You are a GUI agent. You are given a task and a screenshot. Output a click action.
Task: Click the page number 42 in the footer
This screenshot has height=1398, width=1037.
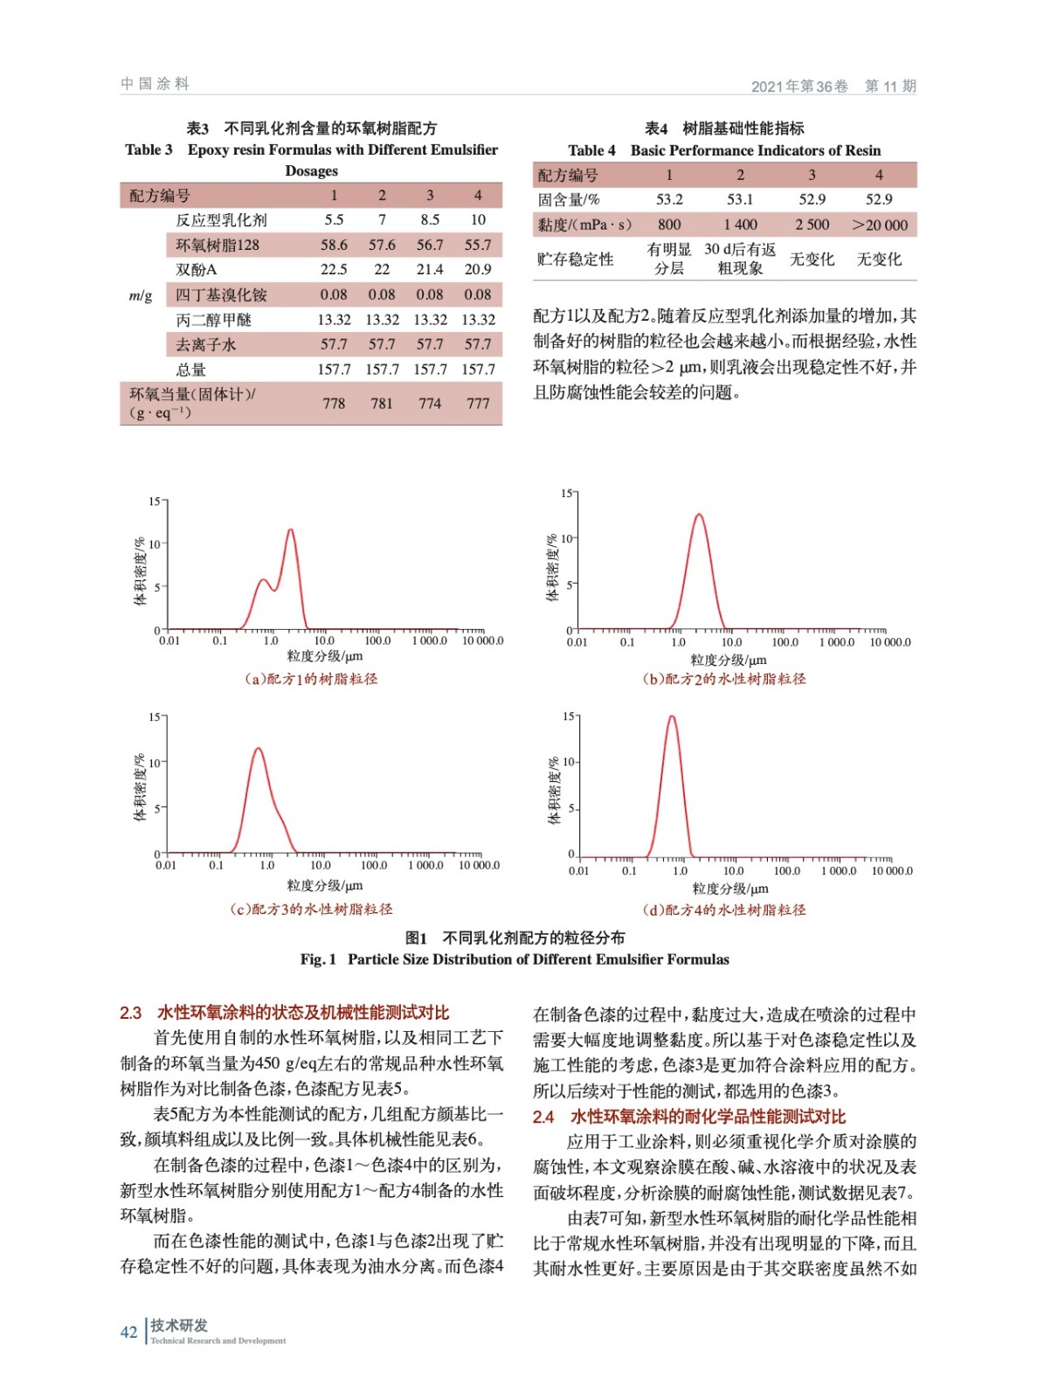click(x=128, y=1332)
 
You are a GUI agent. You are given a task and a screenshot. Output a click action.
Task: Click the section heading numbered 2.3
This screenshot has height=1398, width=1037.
click(x=285, y=1013)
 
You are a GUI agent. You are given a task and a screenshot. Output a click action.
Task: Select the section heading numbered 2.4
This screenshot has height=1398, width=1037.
click(x=689, y=1116)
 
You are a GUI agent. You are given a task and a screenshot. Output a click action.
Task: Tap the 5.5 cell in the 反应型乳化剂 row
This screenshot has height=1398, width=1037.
click(x=334, y=220)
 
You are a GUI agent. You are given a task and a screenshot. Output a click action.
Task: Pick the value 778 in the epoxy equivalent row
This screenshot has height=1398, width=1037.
click(x=334, y=404)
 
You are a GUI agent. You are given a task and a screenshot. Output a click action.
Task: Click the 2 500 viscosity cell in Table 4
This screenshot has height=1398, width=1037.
click(x=812, y=225)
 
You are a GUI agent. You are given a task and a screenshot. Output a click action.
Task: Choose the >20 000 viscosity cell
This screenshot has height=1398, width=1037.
click(x=880, y=225)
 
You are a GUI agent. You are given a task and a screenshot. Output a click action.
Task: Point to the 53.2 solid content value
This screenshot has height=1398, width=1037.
click(x=669, y=199)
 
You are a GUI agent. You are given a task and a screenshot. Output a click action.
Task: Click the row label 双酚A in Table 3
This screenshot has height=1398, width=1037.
click(x=196, y=270)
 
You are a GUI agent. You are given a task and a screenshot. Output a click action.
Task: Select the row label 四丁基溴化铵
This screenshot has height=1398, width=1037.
click(x=221, y=295)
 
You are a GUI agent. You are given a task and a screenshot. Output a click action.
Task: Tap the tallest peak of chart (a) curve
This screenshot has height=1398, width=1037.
click(x=290, y=530)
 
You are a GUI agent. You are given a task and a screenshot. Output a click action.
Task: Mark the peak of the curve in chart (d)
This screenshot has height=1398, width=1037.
click(x=672, y=717)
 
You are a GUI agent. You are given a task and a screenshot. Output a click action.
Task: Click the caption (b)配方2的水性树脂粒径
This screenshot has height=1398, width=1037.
click(x=724, y=679)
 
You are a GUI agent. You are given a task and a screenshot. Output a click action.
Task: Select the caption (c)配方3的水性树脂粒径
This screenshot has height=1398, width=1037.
click(x=311, y=909)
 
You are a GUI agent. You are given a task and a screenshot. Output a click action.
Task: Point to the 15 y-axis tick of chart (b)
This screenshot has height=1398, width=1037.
click(x=566, y=494)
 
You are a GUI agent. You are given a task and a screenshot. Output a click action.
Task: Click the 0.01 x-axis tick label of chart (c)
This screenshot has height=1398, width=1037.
click(x=166, y=866)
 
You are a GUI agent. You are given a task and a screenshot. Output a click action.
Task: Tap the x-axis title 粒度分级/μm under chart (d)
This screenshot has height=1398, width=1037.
click(x=730, y=889)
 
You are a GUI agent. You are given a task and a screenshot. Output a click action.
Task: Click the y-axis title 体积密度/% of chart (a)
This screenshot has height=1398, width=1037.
click(x=140, y=571)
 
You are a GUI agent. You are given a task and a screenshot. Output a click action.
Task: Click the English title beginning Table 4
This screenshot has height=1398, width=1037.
click(x=724, y=150)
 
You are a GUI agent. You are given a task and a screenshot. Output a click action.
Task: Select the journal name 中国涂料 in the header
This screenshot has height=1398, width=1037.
click(x=155, y=84)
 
